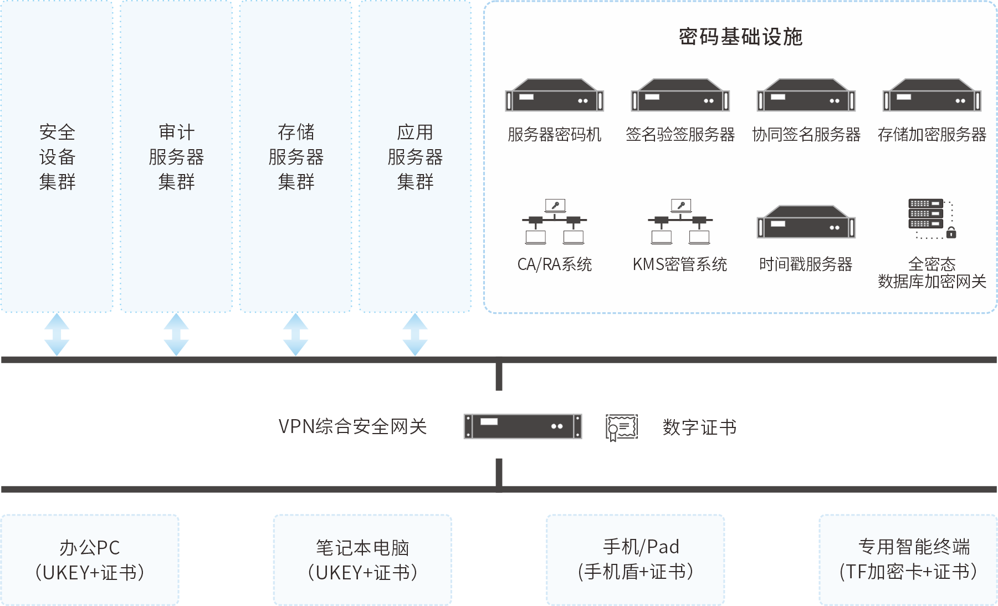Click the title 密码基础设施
[740, 37]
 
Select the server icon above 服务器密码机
[554, 95]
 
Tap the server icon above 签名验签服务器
[680, 95]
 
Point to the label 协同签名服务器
[806, 135]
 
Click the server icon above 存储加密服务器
[932, 95]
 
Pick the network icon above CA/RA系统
[554, 222]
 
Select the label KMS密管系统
[680, 264]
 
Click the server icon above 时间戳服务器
[806, 222]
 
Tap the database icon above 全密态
[932, 219]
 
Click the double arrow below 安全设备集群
[57, 334]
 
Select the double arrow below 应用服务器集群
[415, 334]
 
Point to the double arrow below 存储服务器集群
[295, 334]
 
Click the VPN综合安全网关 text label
[352, 427]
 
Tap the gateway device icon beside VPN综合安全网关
[523, 426]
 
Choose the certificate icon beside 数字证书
[622, 427]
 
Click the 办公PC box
[90, 560]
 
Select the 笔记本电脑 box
[362, 560]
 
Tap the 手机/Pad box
[636, 560]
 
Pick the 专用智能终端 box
[908, 560]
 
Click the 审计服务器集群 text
[176, 157]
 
